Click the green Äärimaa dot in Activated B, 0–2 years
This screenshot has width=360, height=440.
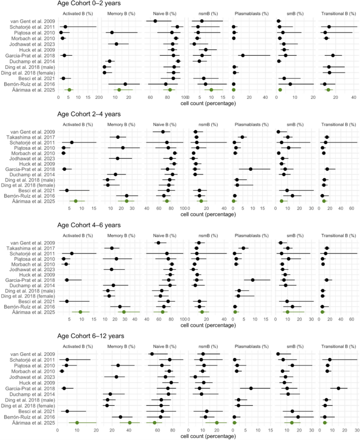pyautogui.click(x=69, y=90)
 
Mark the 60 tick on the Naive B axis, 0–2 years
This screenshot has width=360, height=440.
pyautogui.click(x=150, y=98)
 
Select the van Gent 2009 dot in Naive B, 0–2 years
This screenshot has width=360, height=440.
pyautogui.click(x=155, y=21)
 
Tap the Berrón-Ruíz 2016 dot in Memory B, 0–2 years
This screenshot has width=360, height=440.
pyautogui.click(x=125, y=84)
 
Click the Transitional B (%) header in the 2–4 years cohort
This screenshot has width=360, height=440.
pyautogui.click(x=338, y=124)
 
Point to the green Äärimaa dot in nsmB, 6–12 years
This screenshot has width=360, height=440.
pyautogui.click(x=216, y=423)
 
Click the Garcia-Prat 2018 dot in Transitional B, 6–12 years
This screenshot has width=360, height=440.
pyautogui.click(x=338, y=388)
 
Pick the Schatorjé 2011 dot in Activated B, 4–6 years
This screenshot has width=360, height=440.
pyautogui.click(x=71, y=253)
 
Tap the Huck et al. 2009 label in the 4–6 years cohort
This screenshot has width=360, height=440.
pyautogui.click(x=36, y=274)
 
